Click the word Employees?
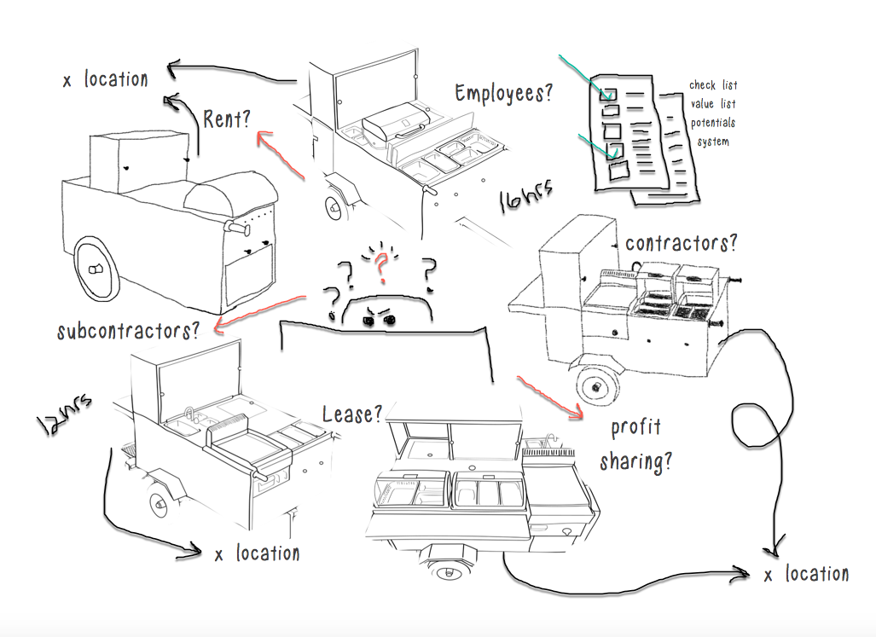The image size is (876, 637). click(x=503, y=94)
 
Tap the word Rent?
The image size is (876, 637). click(x=226, y=119)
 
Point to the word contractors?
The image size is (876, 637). click(x=681, y=243)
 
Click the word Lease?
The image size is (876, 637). click(x=352, y=415)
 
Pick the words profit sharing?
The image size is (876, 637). click(x=635, y=444)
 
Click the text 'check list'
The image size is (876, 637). click(x=713, y=85)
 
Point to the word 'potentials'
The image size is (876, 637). click(x=713, y=123)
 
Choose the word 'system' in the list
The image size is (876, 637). click(x=713, y=142)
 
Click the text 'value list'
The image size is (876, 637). click(x=713, y=104)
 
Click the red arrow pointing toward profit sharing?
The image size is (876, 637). click(x=550, y=395)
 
